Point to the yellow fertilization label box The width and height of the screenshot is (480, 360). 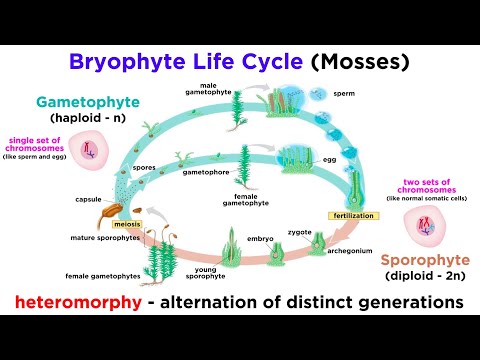351,215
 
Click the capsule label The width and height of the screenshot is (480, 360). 86,199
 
